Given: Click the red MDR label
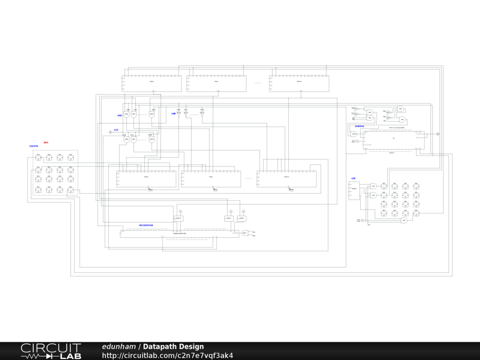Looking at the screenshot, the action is click(46, 142).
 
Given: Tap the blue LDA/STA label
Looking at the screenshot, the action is click(34, 146).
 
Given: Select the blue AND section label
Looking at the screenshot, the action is click(120, 115).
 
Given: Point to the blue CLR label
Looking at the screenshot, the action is click(116, 130).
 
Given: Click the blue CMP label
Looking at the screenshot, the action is click(173, 113).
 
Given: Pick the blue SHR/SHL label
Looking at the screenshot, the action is click(360, 126).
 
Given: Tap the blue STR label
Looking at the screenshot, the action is click(353, 179).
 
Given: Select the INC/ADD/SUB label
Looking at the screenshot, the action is click(146, 225).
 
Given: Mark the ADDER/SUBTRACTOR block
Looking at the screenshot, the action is click(180, 233).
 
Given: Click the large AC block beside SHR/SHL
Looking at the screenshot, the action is click(394, 138).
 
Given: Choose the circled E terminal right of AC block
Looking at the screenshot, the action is click(438, 135).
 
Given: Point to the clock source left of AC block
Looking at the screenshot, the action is click(357, 141).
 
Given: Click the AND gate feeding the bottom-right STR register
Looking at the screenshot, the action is click(404, 220).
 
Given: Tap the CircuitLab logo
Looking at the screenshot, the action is click(51, 351).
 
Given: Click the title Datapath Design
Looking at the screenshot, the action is click(173, 347).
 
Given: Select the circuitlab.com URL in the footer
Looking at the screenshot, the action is click(167, 356).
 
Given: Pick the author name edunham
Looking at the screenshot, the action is click(119, 347).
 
